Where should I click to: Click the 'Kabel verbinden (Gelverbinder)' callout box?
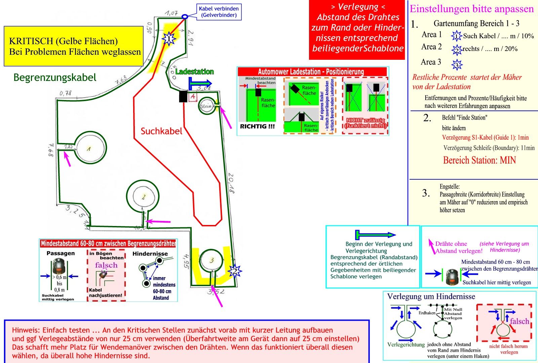[x=219, y=12]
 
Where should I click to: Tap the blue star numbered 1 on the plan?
[x=169, y=39]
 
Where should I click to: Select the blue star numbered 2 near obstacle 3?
[x=235, y=271]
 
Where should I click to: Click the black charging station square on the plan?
[x=183, y=97]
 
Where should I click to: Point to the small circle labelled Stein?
[x=206, y=106]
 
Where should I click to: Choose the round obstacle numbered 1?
[x=90, y=148]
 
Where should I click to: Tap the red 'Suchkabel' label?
[x=161, y=131]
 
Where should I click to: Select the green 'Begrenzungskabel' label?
[x=55, y=78]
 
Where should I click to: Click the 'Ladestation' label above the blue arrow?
[x=194, y=72]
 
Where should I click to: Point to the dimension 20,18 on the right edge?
[x=231, y=183]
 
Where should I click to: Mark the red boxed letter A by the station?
[x=193, y=97]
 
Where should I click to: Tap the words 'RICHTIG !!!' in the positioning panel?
[x=257, y=127]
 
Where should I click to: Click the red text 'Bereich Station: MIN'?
[x=479, y=160]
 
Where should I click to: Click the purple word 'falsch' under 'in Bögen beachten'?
[x=106, y=265]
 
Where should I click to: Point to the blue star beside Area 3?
[x=457, y=64]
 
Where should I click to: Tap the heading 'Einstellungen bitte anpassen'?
[x=471, y=9]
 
